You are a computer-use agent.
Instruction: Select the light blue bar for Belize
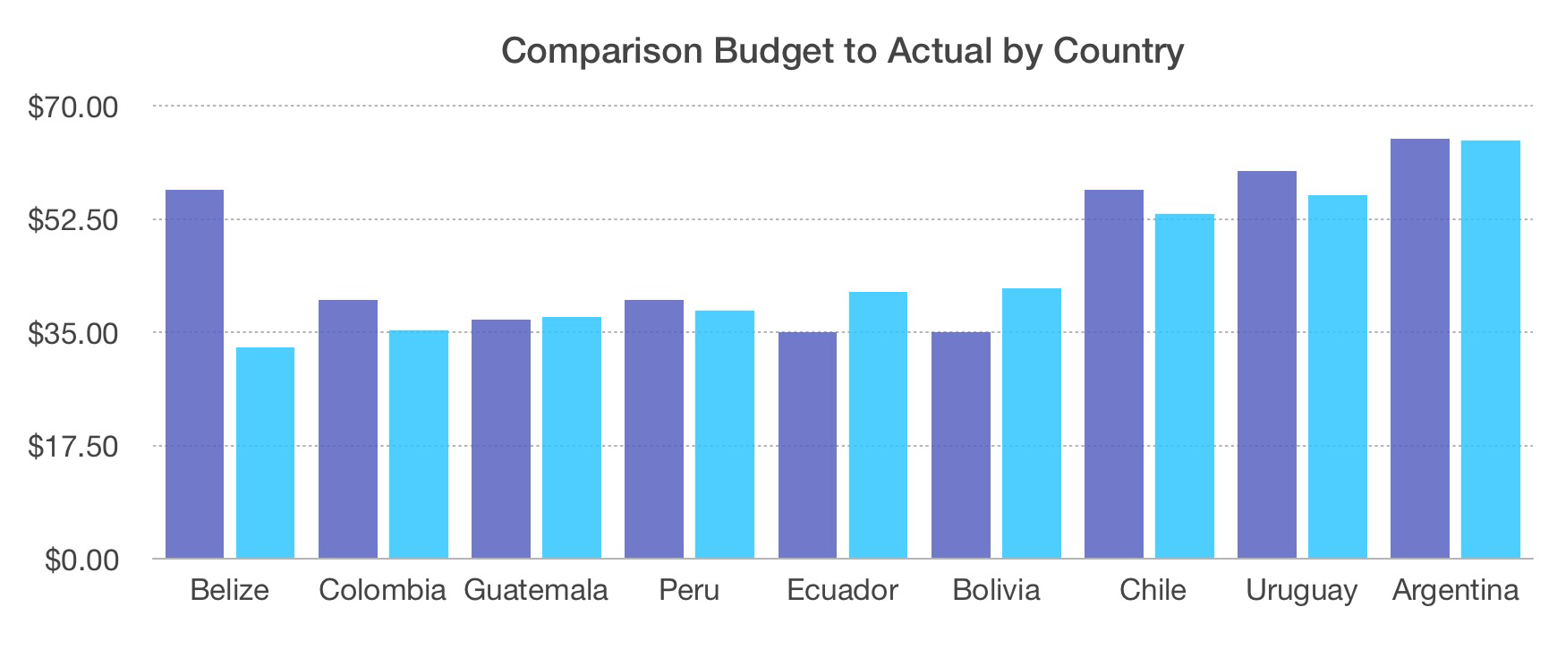[x=265, y=453]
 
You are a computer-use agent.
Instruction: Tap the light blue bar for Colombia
[x=419, y=444]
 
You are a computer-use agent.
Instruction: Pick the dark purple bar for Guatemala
[x=501, y=439]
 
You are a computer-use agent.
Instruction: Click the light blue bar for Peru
[x=725, y=434]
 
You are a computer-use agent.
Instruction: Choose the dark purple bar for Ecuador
[x=807, y=445]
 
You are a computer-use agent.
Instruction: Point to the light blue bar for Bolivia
[x=1032, y=423]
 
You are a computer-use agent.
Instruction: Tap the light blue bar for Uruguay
[x=1338, y=377]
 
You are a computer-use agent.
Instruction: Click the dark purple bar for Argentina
[x=1420, y=349]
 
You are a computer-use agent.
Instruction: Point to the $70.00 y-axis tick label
[x=73, y=107]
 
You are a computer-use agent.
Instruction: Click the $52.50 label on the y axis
[x=73, y=220]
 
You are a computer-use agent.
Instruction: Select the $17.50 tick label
[x=73, y=446]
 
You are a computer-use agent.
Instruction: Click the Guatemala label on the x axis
[x=536, y=591]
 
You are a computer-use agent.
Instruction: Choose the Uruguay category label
[x=1302, y=591]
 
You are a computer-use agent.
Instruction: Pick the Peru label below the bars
[x=689, y=591]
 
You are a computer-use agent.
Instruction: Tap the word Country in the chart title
[x=1119, y=51]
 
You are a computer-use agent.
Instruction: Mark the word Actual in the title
[x=939, y=51]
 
